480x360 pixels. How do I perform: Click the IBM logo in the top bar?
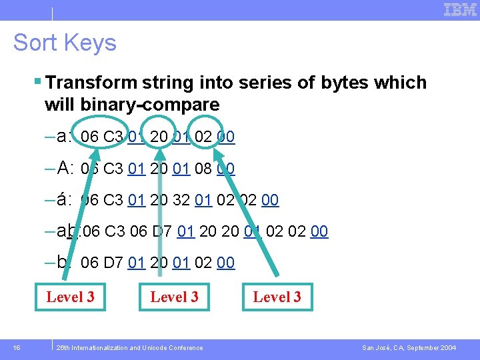pyautogui.click(x=460, y=9)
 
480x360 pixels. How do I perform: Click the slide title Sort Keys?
pyautogui.click(x=65, y=43)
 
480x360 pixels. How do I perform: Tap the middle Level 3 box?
pyautogui.click(x=174, y=297)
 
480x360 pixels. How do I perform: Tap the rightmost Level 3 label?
pyautogui.click(x=277, y=297)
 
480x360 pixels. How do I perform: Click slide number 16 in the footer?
pyautogui.click(x=17, y=348)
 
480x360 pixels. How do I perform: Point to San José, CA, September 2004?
pyautogui.click(x=409, y=348)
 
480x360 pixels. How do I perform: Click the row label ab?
pyautogui.click(x=69, y=231)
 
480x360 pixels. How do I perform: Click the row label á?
pyautogui.click(x=65, y=200)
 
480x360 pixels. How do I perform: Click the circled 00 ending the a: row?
pyautogui.click(x=226, y=137)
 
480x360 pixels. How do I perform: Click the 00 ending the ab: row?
pyautogui.click(x=319, y=231)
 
